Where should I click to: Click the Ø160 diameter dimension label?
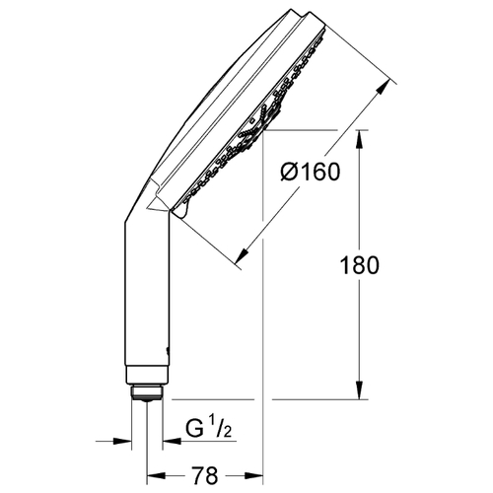tap(311, 172)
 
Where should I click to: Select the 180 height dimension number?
tap(359, 265)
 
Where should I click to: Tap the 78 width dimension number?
tap(204, 475)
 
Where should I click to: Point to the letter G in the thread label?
tap(194, 429)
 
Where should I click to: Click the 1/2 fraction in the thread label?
tap(222, 426)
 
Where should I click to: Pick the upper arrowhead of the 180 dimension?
tap(360, 139)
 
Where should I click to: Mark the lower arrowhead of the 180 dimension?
tap(360, 391)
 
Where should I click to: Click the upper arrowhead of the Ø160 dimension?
tap(383, 88)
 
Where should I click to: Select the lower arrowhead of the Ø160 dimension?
tap(242, 255)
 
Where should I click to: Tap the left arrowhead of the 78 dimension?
tap(155, 475)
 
